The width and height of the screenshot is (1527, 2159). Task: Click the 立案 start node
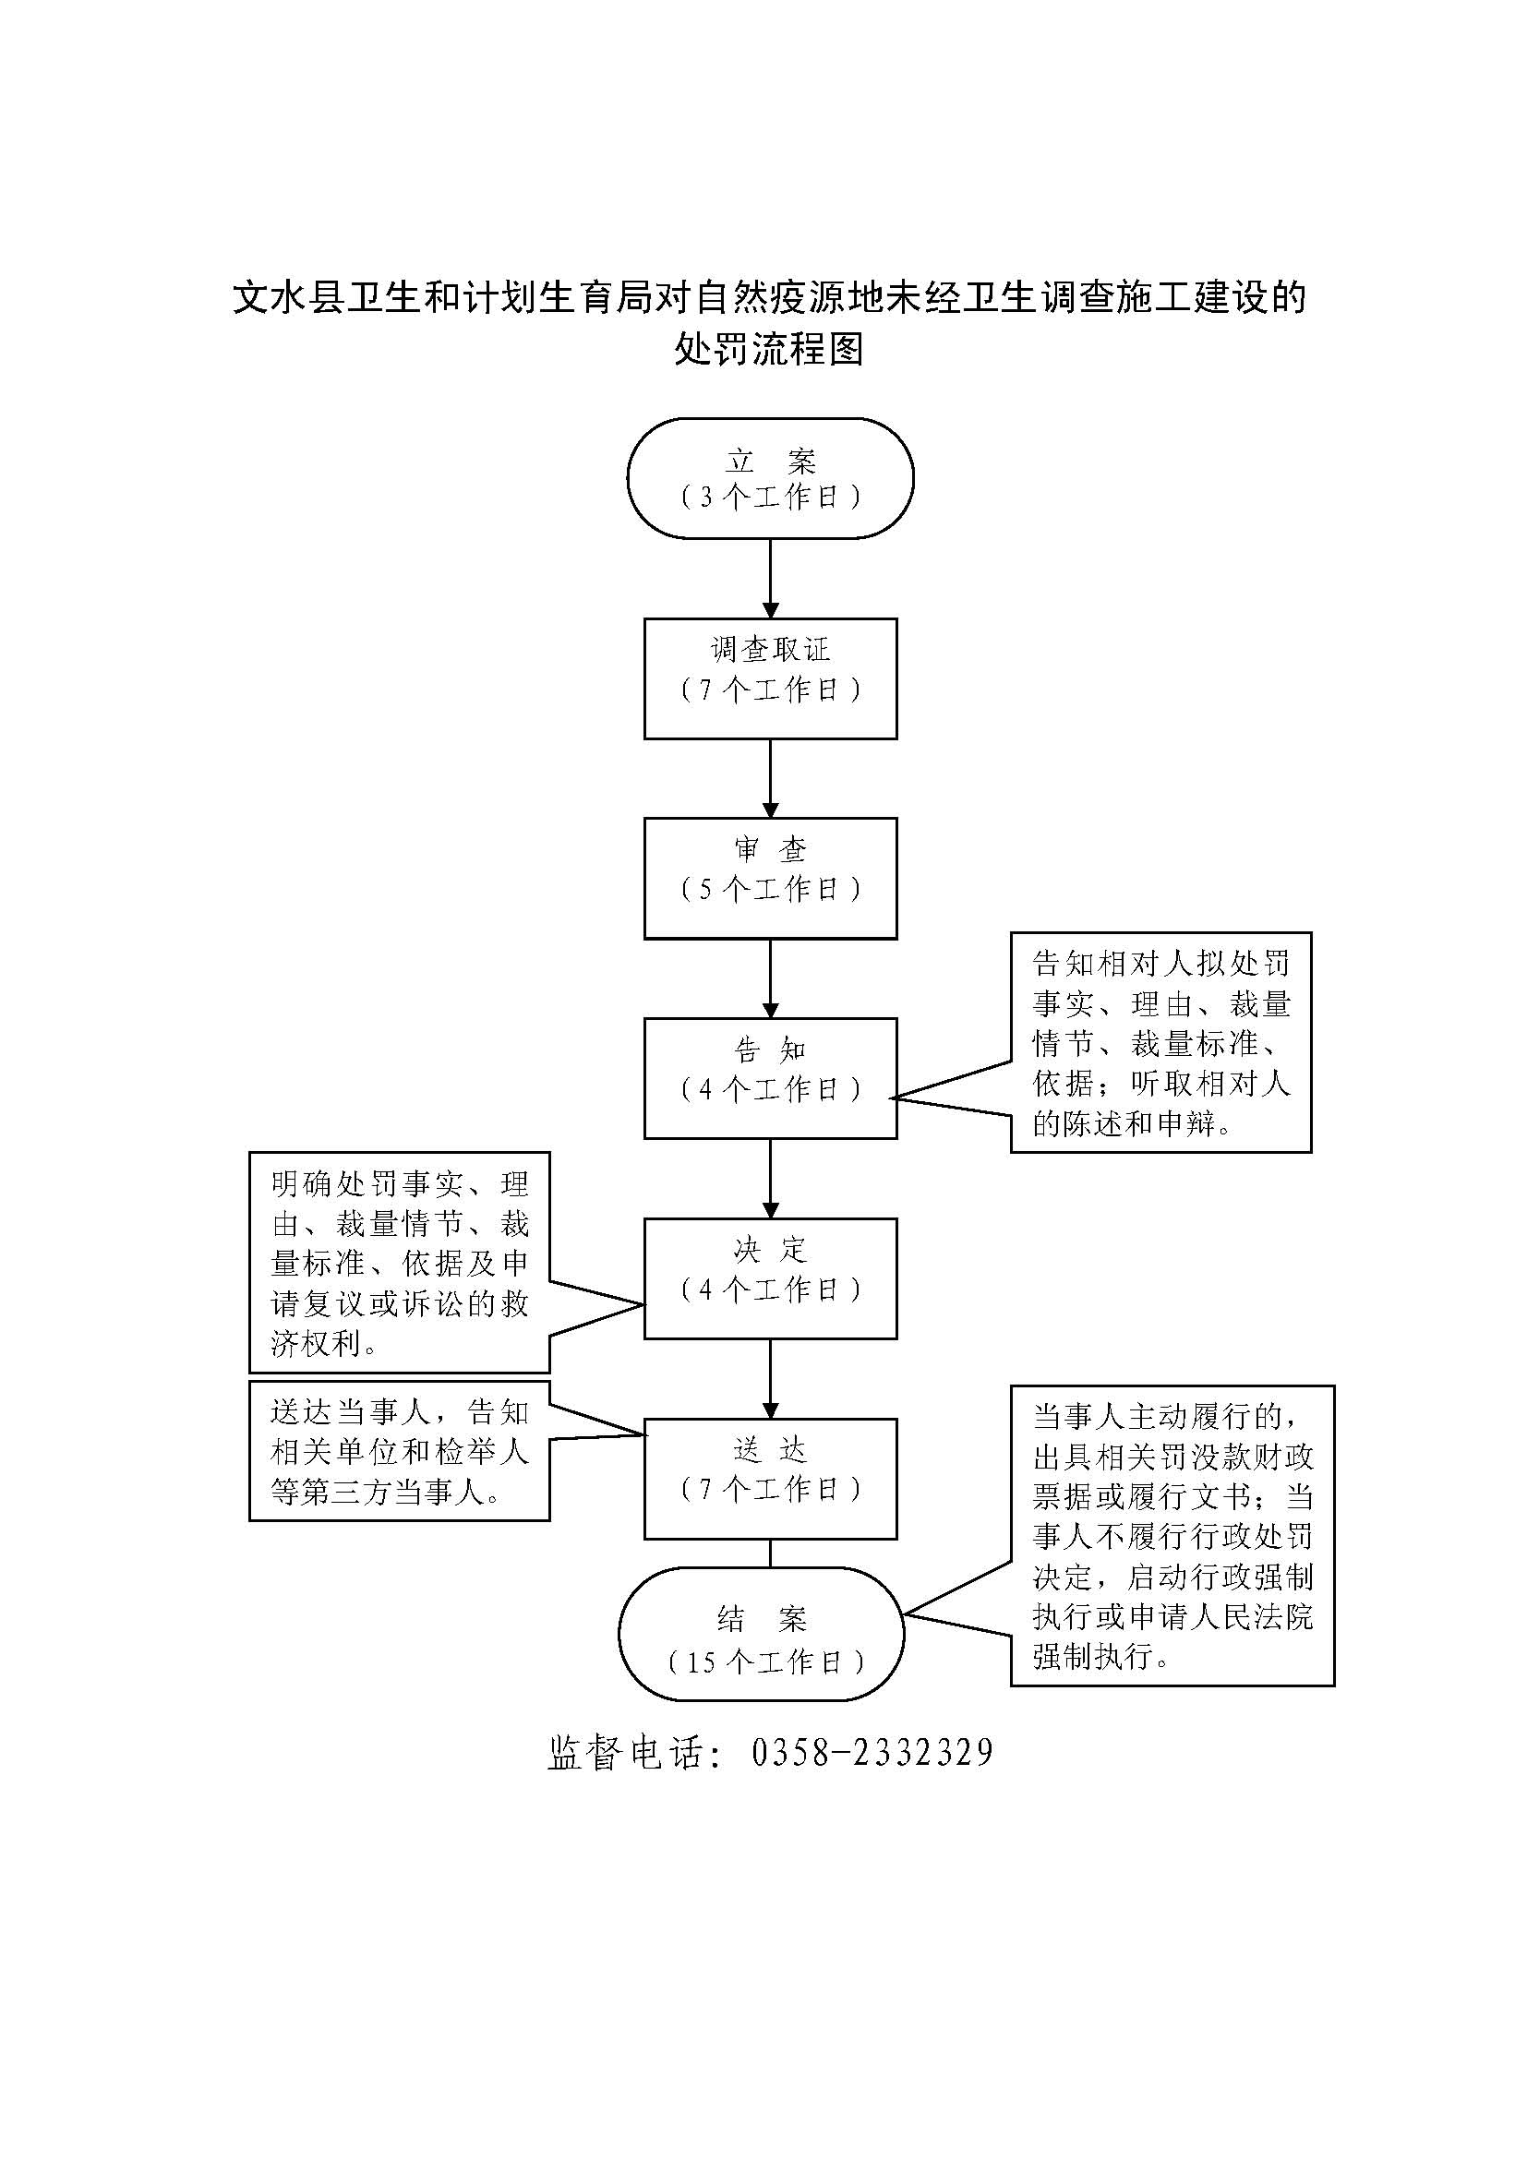tap(770, 478)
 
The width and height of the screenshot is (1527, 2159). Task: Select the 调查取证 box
tap(770, 678)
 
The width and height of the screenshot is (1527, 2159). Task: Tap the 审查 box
tap(770, 877)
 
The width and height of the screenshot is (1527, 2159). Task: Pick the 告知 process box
tap(770, 1077)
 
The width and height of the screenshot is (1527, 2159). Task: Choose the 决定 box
tap(770, 1277)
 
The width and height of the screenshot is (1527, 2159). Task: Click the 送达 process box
tap(770, 1478)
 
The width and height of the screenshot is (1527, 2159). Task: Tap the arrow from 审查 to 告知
tap(770, 978)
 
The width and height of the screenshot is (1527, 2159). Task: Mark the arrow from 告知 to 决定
tap(770, 1178)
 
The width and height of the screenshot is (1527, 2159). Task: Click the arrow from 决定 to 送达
tap(770, 1378)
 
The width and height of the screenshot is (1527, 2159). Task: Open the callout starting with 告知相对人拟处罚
tap(1160, 1042)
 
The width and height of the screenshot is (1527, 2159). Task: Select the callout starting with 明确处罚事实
tap(400, 1262)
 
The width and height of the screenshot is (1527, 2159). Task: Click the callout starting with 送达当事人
tap(400, 1451)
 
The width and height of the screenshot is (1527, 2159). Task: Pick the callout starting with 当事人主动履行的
tap(1172, 1536)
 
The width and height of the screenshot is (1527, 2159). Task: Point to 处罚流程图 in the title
tap(768, 349)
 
